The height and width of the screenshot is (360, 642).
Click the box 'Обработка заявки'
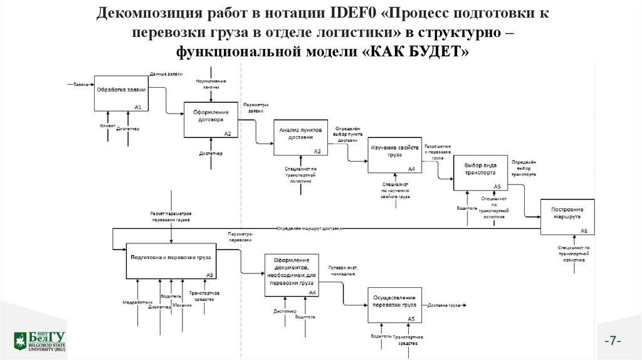pyautogui.click(x=122, y=93)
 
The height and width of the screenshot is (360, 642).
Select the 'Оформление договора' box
pyautogui.click(x=211, y=120)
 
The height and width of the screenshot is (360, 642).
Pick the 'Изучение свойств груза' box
pyautogui.click(x=394, y=154)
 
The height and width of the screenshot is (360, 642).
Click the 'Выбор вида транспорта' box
pyautogui.click(x=480, y=172)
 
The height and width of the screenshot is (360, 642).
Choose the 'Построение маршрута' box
pyautogui.click(x=567, y=217)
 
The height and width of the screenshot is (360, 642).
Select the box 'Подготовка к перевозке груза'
pyautogui.click(x=171, y=260)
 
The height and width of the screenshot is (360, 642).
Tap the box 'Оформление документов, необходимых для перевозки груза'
pyautogui.click(x=292, y=274)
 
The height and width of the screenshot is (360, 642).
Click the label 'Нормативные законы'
pyautogui.click(x=211, y=84)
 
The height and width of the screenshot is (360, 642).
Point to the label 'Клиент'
pyautogui.click(x=107, y=126)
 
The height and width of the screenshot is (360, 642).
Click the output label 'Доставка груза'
pyautogui.click(x=443, y=305)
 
